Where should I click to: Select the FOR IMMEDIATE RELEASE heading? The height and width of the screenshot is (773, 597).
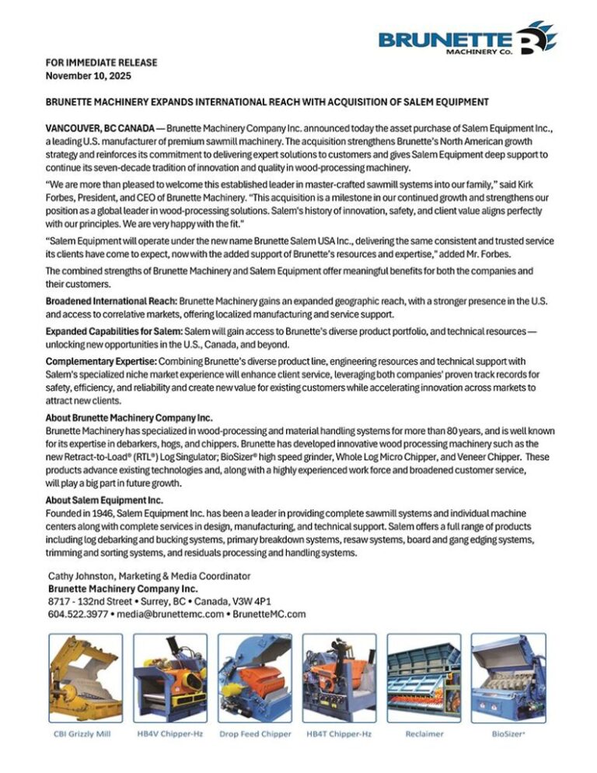point(101,63)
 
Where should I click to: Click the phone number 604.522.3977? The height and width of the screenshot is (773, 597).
point(76,614)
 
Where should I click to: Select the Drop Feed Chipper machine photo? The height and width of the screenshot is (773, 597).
point(254,679)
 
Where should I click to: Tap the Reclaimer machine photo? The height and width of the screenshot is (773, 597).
point(424,679)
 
